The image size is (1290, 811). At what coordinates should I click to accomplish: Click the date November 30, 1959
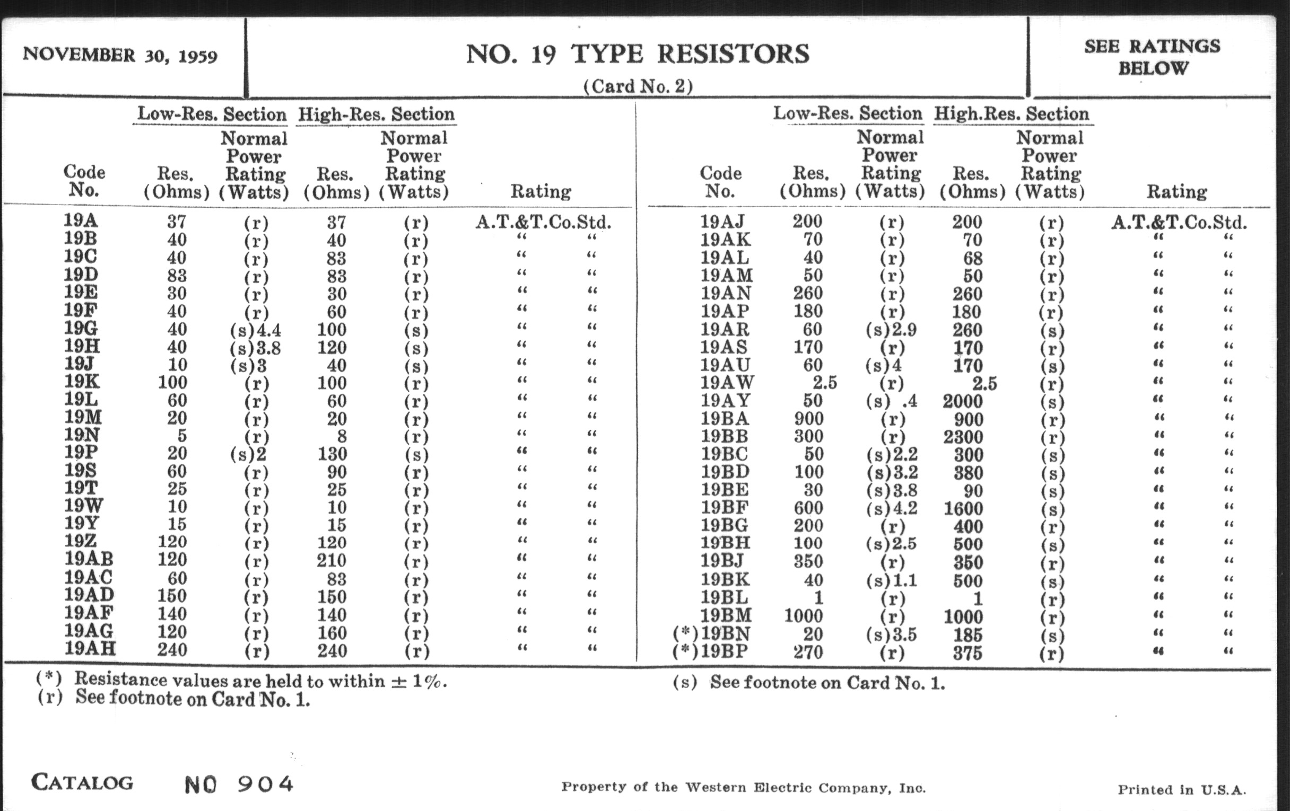click(120, 56)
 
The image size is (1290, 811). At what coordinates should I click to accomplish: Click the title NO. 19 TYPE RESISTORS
click(638, 54)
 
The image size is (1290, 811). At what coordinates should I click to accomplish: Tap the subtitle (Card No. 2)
click(638, 86)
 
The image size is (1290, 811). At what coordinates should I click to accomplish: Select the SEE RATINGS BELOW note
click(1152, 57)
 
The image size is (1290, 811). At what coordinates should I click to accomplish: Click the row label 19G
click(82, 328)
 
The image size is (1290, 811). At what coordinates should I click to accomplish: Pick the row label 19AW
click(727, 383)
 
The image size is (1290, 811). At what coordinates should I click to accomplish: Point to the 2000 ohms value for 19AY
click(963, 401)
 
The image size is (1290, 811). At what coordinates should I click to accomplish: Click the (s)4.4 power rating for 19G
click(255, 330)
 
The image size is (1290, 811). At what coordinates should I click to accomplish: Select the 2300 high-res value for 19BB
click(963, 437)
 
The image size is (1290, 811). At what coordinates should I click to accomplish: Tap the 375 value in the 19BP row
click(967, 653)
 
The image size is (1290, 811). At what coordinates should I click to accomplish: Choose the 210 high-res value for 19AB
click(332, 560)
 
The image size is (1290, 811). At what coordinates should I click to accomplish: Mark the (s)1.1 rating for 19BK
click(892, 580)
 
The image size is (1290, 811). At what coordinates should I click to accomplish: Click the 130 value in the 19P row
click(332, 454)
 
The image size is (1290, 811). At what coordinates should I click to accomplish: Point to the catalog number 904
click(265, 785)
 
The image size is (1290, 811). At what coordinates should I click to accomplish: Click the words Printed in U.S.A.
click(1181, 790)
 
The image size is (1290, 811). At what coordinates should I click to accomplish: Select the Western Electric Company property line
click(743, 788)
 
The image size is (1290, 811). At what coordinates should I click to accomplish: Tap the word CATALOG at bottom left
click(82, 782)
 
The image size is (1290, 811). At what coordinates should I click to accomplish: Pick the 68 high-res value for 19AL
click(973, 259)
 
